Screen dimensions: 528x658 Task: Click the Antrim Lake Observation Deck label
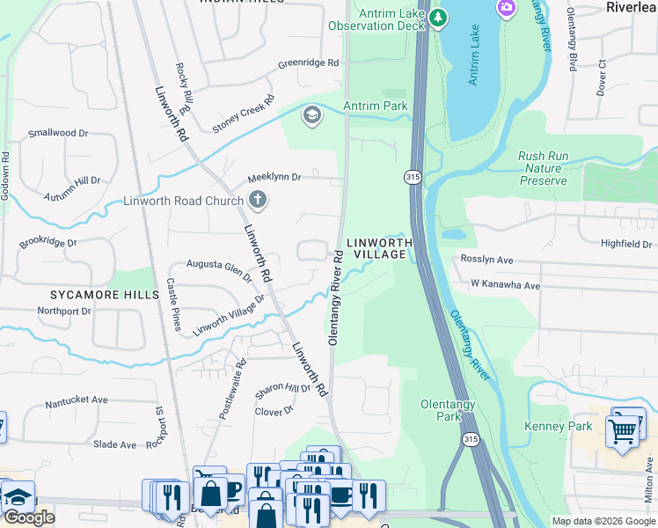point(377,19)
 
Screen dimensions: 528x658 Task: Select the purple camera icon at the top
point(507,9)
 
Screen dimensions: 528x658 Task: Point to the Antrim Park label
point(376,106)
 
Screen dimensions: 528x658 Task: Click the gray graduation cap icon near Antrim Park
point(311,115)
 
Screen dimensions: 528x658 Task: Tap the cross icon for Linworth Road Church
point(258,202)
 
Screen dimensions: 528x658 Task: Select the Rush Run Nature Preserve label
point(542,168)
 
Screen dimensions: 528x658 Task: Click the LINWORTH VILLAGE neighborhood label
point(378,248)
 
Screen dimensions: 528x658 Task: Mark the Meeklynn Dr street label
point(274,177)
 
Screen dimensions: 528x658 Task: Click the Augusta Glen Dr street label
point(219,267)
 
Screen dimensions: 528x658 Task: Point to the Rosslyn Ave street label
point(486,260)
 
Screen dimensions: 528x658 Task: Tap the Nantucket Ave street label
point(77,400)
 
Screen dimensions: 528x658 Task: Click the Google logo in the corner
point(29,517)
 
